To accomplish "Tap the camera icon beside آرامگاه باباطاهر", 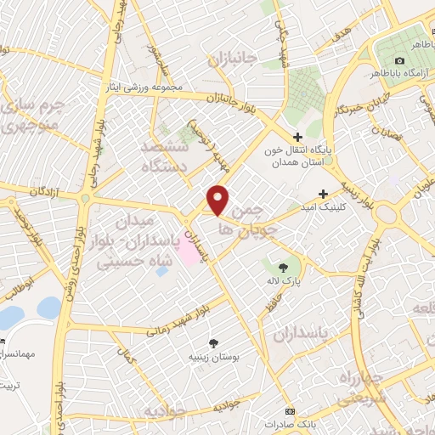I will tap(400, 59).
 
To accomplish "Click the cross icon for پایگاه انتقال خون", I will tap(297, 137).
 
